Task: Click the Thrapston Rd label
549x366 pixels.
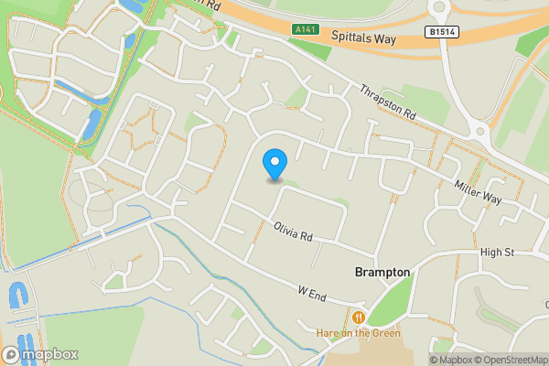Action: point(388,103)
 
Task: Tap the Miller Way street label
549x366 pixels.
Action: point(479,189)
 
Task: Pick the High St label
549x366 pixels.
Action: point(498,252)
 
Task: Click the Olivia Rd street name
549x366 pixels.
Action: point(293,231)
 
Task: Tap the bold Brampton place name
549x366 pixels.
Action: point(382,273)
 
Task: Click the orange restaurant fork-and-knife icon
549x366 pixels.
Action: point(358,317)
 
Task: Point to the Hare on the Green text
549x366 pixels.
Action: point(359,333)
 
